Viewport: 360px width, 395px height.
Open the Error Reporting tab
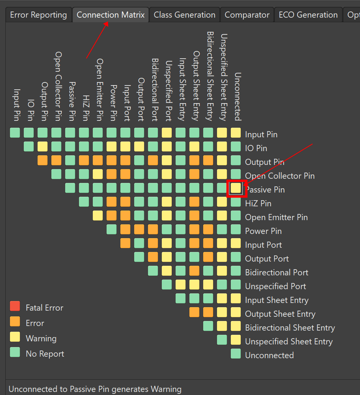[x=38, y=15]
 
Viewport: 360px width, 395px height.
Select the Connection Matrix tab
[x=110, y=15]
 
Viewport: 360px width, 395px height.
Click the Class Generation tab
[x=184, y=15]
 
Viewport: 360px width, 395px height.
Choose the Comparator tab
[x=247, y=15]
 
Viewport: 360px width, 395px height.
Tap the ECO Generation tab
[x=308, y=15]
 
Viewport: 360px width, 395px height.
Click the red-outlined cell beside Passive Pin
[x=236, y=188]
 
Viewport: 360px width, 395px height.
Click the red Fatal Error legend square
[x=15, y=306]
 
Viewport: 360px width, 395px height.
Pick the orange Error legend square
[x=15, y=322]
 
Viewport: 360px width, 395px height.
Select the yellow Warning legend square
[x=15, y=337]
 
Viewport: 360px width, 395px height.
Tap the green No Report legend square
[x=15, y=352]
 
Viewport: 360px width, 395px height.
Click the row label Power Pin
[x=263, y=231]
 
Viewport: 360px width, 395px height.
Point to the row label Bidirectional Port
[x=276, y=273]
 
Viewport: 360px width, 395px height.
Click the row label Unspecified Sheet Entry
[x=289, y=342]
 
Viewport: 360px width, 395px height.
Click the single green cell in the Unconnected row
[x=236, y=354]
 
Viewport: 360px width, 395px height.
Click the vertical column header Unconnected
[x=238, y=96]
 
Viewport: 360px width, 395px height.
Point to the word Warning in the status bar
[x=166, y=389]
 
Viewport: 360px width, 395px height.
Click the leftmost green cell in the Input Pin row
[x=15, y=133]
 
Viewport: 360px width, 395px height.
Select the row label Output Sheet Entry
[x=280, y=314]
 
